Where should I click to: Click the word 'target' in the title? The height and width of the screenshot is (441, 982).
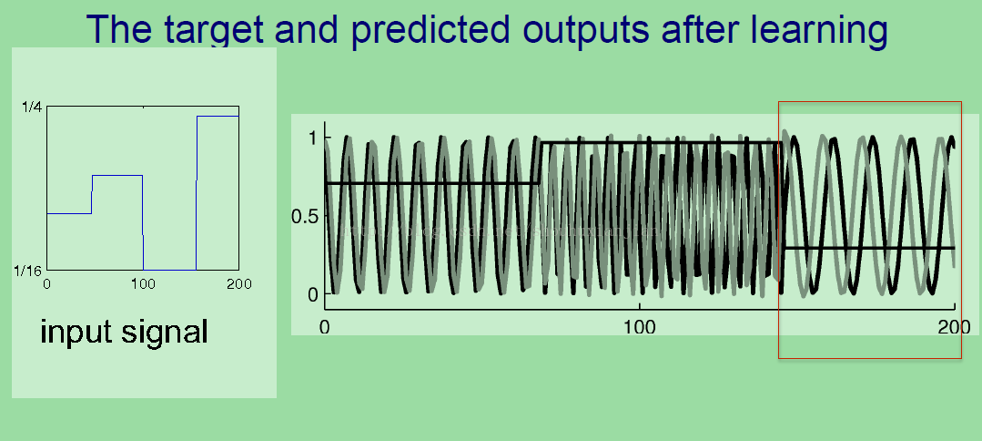coord(215,30)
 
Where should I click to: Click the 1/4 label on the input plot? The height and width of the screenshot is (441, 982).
coord(32,108)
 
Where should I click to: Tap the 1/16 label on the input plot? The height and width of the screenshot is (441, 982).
coord(28,271)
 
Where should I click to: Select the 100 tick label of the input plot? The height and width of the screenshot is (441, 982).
coord(144,284)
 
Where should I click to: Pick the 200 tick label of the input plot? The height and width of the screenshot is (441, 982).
coord(238,284)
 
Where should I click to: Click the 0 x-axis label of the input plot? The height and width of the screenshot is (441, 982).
coord(46,284)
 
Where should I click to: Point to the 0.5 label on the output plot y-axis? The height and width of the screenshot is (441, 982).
coord(306,216)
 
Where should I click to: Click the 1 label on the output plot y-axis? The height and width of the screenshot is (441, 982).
coord(313,138)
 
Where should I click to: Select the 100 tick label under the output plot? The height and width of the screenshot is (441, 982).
coord(640,326)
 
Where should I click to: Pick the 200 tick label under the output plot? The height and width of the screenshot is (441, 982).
coord(954,326)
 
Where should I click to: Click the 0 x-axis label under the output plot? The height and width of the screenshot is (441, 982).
coord(324,326)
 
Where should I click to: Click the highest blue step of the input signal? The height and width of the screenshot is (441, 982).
coord(218,116)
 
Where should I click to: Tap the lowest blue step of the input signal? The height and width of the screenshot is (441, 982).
coord(169,270)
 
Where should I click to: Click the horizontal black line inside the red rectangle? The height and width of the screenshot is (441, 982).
coord(868,249)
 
